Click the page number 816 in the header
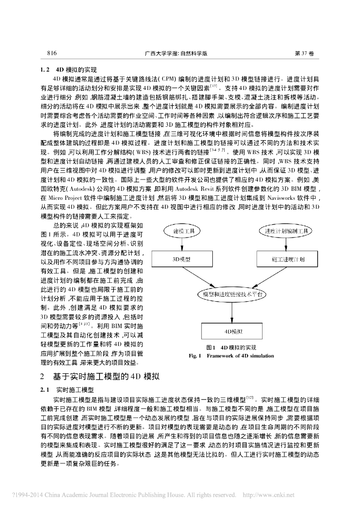tap(52, 53)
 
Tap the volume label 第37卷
tap(305, 53)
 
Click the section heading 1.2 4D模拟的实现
tap(69, 70)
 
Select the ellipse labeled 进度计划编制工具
tap(286, 232)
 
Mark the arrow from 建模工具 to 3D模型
tap(182, 245)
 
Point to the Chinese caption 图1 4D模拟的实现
tap(231, 347)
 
